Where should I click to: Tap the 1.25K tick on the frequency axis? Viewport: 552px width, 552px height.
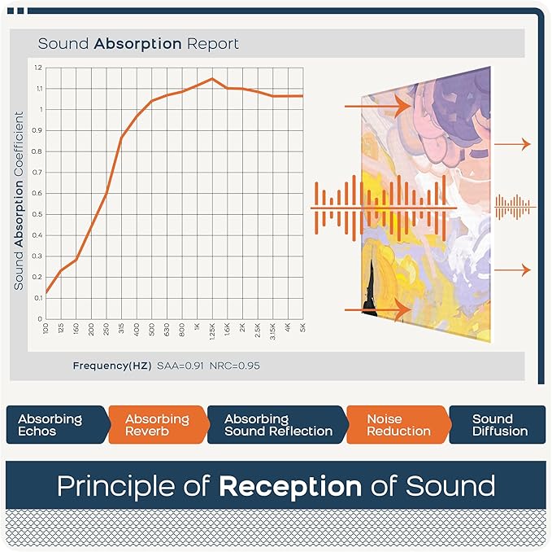coord(212,332)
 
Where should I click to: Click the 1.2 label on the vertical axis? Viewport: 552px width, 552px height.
coord(38,68)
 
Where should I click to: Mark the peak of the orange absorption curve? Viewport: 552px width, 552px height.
coord(212,79)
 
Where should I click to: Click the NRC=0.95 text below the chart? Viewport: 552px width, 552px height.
coord(234,366)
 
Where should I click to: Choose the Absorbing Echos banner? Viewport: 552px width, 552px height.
coord(53,425)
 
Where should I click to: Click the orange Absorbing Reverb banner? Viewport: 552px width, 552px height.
coord(157,425)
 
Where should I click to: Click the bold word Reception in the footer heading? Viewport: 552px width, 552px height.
coord(289,487)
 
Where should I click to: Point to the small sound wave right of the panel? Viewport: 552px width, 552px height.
coord(515,208)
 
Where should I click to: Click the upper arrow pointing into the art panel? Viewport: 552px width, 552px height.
coord(376,106)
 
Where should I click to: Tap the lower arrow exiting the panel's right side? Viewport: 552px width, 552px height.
coord(513,270)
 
